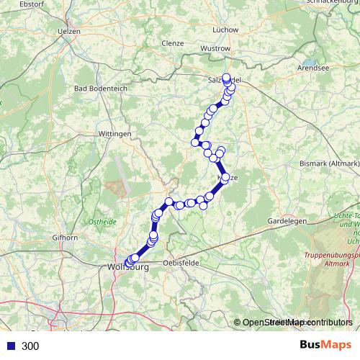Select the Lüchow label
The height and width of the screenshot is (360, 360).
[226, 30]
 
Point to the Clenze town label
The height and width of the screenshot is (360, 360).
[174, 42]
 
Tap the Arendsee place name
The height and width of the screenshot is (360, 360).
[312, 69]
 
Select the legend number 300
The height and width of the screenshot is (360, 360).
[30, 346]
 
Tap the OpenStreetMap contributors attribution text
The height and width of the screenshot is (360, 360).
[297, 323]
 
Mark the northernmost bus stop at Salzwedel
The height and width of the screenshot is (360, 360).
[227, 78]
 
